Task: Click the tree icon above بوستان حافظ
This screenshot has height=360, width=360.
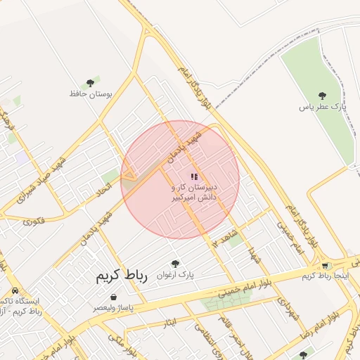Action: pyautogui.click(x=90, y=83)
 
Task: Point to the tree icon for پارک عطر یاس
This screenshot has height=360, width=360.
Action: pyautogui.click(x=322, y=96)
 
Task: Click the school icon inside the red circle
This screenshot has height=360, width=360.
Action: pyautogui.click(x=194, y=176)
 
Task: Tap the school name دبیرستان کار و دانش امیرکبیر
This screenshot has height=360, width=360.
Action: pyautogui.click(x=195, y=193)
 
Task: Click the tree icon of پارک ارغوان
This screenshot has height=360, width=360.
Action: pyautogui.click(x=175, y=263)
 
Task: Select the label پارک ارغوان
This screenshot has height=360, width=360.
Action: pyautogui.click(x=176, y=274)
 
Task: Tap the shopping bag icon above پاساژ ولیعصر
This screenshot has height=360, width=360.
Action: pyautogui.click(x=113, y=297)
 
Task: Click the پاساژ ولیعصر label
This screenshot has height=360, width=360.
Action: pyautogui.click(x=112, y=308)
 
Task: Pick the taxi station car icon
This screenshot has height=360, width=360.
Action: pyautogui.click(x=15, y=291)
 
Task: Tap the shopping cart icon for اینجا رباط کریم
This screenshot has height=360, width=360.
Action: pyautogui.click(x=324, y=265)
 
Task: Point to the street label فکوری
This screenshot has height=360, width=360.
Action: pyautogui.click(x=33, y=221)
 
